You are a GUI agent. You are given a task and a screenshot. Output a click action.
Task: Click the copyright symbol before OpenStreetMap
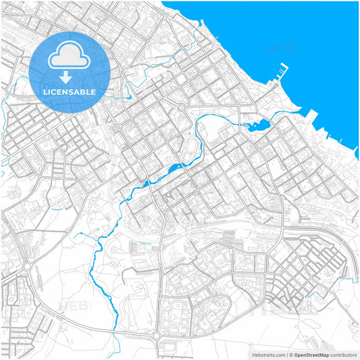click(291, 354)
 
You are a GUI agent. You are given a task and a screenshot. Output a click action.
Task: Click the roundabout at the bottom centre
click(157, 336)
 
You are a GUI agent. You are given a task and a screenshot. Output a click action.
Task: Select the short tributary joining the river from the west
click(88, 238)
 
